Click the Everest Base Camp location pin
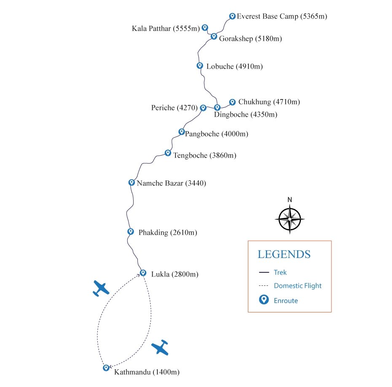point(232,16)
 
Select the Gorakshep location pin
point(214,36)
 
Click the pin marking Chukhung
point(232,102)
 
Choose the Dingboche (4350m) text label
point(246,114)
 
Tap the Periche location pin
point(203,108)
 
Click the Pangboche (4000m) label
point(217,134)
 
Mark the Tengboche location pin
point(168,153)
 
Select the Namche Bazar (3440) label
point(171,183)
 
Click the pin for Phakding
point(131,231)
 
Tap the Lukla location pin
point(143,272)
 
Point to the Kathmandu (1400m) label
point(147,372)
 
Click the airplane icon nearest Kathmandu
point(160,348)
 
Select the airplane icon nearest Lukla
point(101,288)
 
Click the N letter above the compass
point(290,200)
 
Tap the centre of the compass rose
point(290,219)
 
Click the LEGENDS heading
point(284,255)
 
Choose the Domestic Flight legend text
point(298,286)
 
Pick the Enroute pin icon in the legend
point(264,300)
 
